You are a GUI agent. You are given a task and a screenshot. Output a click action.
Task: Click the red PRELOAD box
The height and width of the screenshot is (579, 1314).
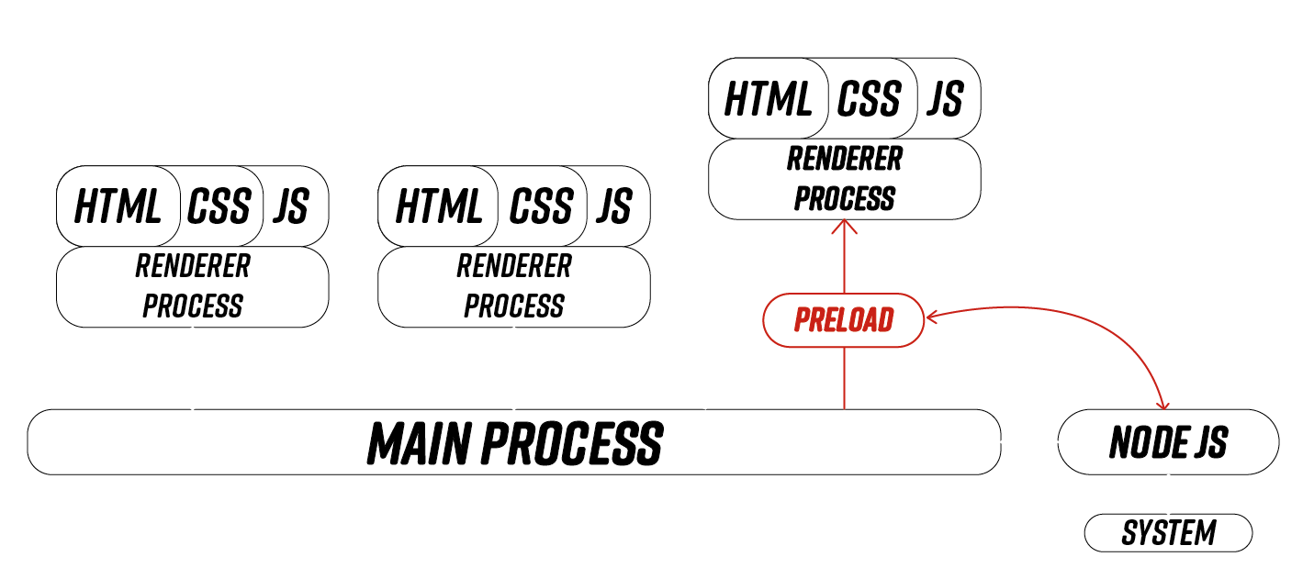pos(843,320)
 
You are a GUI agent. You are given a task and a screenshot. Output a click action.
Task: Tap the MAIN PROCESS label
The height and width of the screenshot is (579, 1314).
pos(514,442)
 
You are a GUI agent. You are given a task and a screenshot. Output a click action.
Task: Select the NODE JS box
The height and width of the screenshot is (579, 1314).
pos(1168,442)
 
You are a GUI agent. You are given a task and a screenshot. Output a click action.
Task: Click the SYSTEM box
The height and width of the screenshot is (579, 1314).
pos(1168,533)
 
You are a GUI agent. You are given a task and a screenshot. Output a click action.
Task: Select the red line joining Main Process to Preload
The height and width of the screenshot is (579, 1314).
pos(844,378)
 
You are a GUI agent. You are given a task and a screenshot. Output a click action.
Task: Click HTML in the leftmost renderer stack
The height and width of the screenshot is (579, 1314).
pos(118,206)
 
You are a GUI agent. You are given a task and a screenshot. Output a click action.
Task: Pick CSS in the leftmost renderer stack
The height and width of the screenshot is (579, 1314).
pos(219,206)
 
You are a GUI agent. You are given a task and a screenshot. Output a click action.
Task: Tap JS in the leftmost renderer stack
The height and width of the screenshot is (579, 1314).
pos(291,206)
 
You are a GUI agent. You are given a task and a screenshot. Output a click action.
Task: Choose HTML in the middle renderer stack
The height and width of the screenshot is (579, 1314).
pos(439,206)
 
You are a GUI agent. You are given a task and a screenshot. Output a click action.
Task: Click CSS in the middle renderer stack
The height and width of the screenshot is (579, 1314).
pos(540,206)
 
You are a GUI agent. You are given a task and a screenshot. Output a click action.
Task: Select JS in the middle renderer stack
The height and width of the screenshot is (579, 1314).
pos(613,206)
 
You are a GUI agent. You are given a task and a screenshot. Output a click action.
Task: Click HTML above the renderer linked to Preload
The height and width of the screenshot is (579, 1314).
pos(768,98)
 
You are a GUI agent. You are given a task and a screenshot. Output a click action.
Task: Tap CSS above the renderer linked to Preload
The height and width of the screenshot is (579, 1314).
pos(870,98)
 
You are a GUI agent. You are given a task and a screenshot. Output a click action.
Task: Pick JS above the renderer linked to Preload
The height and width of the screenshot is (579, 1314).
pos(944,98)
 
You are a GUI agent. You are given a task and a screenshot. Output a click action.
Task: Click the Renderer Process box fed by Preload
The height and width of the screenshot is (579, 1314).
pos(844,179)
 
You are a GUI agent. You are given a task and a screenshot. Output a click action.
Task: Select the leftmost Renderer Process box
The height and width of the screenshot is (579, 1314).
pos(193,286)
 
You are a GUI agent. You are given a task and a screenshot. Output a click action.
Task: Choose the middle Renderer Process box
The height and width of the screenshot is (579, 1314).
pos(514,286)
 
